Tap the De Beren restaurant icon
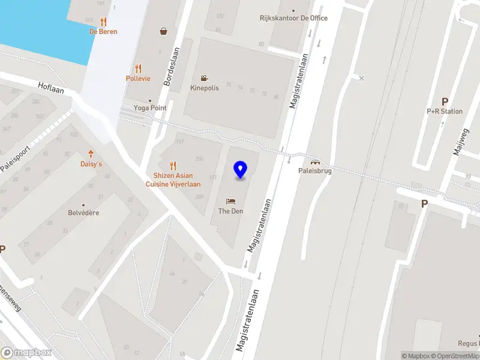click(x=103, y=22)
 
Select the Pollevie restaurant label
click(x=138, y=79)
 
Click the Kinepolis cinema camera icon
click(x=205, y=79)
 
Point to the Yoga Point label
click(x=150, y=108)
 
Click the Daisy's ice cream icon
click(x=91, y=154)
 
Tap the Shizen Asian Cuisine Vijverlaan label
click(x=173, y=180)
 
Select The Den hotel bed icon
click(x=231, y=201)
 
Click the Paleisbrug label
click(x=315, y=170)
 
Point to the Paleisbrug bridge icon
click(x=315, y=161)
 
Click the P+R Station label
click(x=445, y=111)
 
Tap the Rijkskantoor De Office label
click(x=293, y=18)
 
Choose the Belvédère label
click(x=83, y=213)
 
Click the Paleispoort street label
click(x=14, y=158)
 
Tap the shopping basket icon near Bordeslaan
click(x=163, y=31)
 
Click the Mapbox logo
click(x=26, y=353)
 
